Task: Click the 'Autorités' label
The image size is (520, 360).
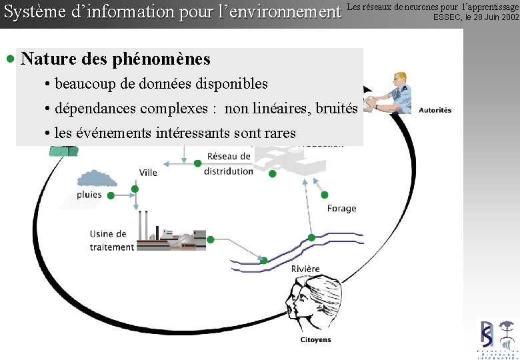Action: (435, 110)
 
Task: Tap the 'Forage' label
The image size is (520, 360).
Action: (341, 209)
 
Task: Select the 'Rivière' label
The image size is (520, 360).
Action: (305, 269)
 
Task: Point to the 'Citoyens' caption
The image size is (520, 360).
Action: (315, 340)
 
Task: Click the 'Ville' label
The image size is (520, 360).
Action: (148, 173)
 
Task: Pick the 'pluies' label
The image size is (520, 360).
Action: (89, 195)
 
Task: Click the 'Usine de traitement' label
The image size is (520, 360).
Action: (112, 241)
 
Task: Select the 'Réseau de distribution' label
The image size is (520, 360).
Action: (229, 164)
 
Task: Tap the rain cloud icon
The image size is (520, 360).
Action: (97, 178)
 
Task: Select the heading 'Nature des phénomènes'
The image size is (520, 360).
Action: (115, 59)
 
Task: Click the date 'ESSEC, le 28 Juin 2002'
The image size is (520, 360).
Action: (475, 17)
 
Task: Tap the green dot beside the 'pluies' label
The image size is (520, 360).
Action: (111, 195)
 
